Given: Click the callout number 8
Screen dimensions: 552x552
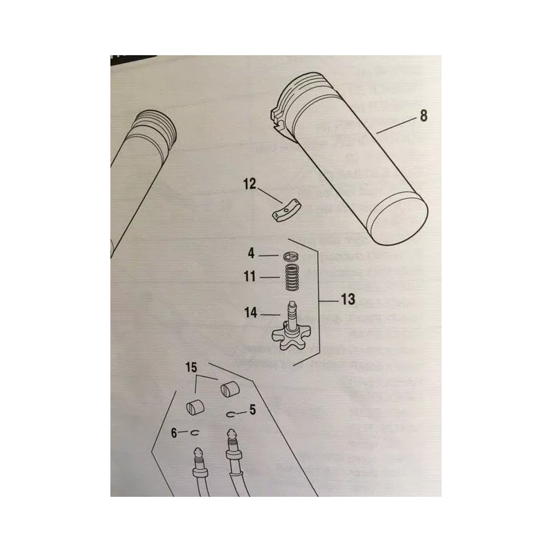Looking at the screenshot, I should [x=423, y=116].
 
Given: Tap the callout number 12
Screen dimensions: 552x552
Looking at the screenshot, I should [x=249, y=184].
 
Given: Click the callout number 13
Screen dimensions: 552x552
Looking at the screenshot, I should [x=349, y=300].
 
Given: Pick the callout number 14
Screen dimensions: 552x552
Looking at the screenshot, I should [x=250, y=313].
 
